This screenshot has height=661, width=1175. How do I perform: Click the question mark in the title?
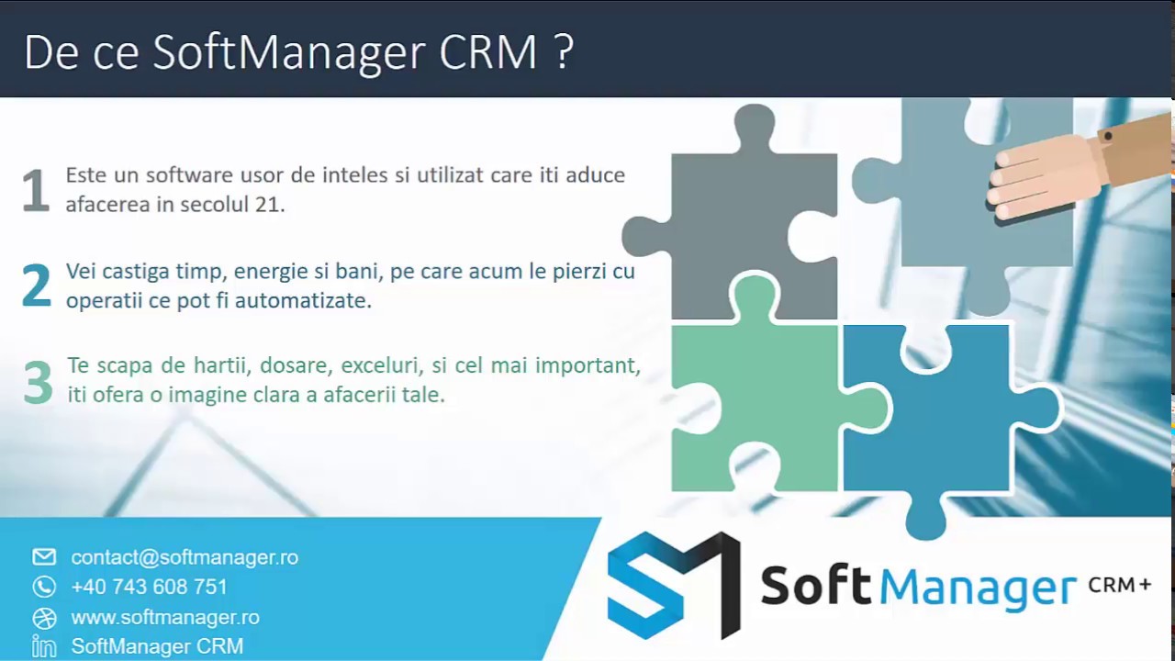pos(564,53)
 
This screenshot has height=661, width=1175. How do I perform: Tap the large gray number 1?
pos(36,191)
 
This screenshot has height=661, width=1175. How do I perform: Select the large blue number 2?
pos(37,286)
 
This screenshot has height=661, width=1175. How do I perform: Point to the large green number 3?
pos(38,382)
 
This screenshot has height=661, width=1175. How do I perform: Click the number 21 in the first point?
pos(268,205)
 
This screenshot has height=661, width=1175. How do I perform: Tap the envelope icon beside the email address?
pos(44,557)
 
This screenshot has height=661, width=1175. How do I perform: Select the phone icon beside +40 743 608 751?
pos(44,587)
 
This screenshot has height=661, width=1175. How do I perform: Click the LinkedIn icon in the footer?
pos(44,646)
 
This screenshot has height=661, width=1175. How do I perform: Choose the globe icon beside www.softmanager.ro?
pos(44,617)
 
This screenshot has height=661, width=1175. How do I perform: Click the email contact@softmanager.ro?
pos(185,557)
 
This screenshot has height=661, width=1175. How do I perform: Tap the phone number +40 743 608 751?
pos(149,587)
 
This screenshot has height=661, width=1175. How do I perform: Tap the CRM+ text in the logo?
pos(1119,585)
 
